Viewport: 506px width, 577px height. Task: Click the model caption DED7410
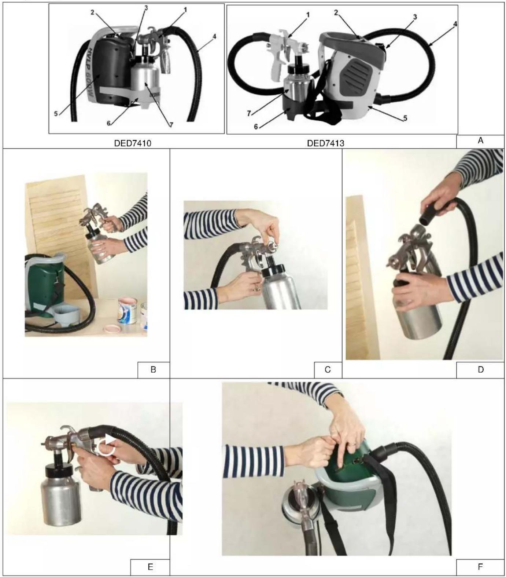(133, 143)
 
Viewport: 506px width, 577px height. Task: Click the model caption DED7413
(325, 143)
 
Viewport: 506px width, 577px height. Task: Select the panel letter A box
(480, 141)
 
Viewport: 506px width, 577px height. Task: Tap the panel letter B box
(154, 370)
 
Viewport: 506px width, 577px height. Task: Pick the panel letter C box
(328, 370)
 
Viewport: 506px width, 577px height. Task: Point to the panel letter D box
(480, 370)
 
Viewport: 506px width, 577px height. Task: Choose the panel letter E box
(150, 567)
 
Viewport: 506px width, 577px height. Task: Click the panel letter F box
(480, 567)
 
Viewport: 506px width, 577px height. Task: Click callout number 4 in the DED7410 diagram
(214, 36)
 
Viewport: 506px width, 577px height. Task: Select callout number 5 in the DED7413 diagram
(405, 118)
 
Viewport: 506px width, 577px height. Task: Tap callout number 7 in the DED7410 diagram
(171, 125)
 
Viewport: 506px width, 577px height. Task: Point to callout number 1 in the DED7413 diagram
(308, 15)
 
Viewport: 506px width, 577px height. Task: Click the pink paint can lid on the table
(114, 327)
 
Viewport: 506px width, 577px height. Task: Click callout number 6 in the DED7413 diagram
(256, 127)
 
